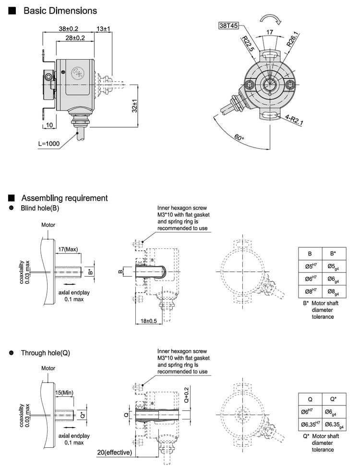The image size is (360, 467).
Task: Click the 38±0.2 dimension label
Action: point(69,29)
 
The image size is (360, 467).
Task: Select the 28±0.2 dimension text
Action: point(75,37)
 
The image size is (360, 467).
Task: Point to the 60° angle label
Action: point(239,138)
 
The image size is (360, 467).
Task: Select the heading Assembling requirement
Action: point(64,198)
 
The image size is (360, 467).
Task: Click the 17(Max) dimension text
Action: point(68,249)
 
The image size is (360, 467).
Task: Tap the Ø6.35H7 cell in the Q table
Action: point(311,424)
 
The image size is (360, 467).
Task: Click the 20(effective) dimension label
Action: point(116,452)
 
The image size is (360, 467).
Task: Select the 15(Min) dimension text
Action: point(63,393)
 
